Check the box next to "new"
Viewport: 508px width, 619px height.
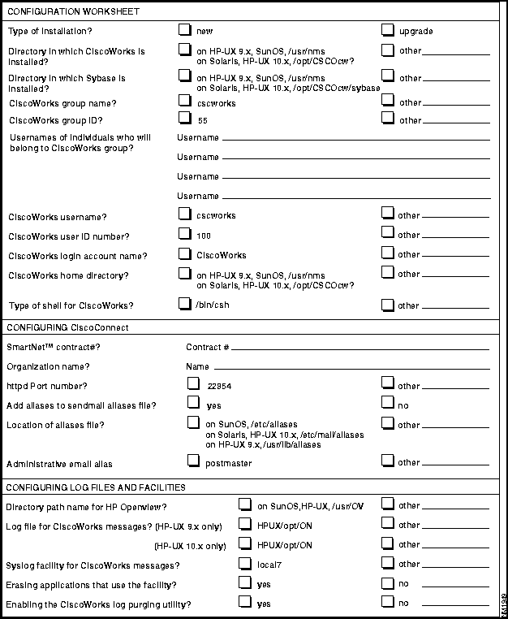point(184,30)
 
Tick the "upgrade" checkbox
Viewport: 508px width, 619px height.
point(388,30)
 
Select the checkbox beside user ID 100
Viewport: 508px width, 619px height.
point(184,234)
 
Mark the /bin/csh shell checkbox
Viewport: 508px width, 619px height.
point(184,305)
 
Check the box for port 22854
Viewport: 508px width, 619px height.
point(193,384)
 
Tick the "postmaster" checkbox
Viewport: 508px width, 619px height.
point(193,461)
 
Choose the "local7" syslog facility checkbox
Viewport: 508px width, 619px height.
point(244,562)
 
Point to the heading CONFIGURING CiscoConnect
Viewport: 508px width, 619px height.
point(67,327)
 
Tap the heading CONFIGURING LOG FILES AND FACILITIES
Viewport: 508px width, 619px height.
point(96,487)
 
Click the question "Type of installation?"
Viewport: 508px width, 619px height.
point(50,31)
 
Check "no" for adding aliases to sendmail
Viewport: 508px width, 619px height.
point(388,403)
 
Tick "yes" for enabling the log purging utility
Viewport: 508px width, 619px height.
point(244,603)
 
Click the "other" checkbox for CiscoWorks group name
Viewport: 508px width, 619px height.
point(388,101)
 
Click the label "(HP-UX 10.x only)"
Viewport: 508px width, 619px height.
point(191,545)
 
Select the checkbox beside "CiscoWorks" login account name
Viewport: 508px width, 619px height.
point(184,253)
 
